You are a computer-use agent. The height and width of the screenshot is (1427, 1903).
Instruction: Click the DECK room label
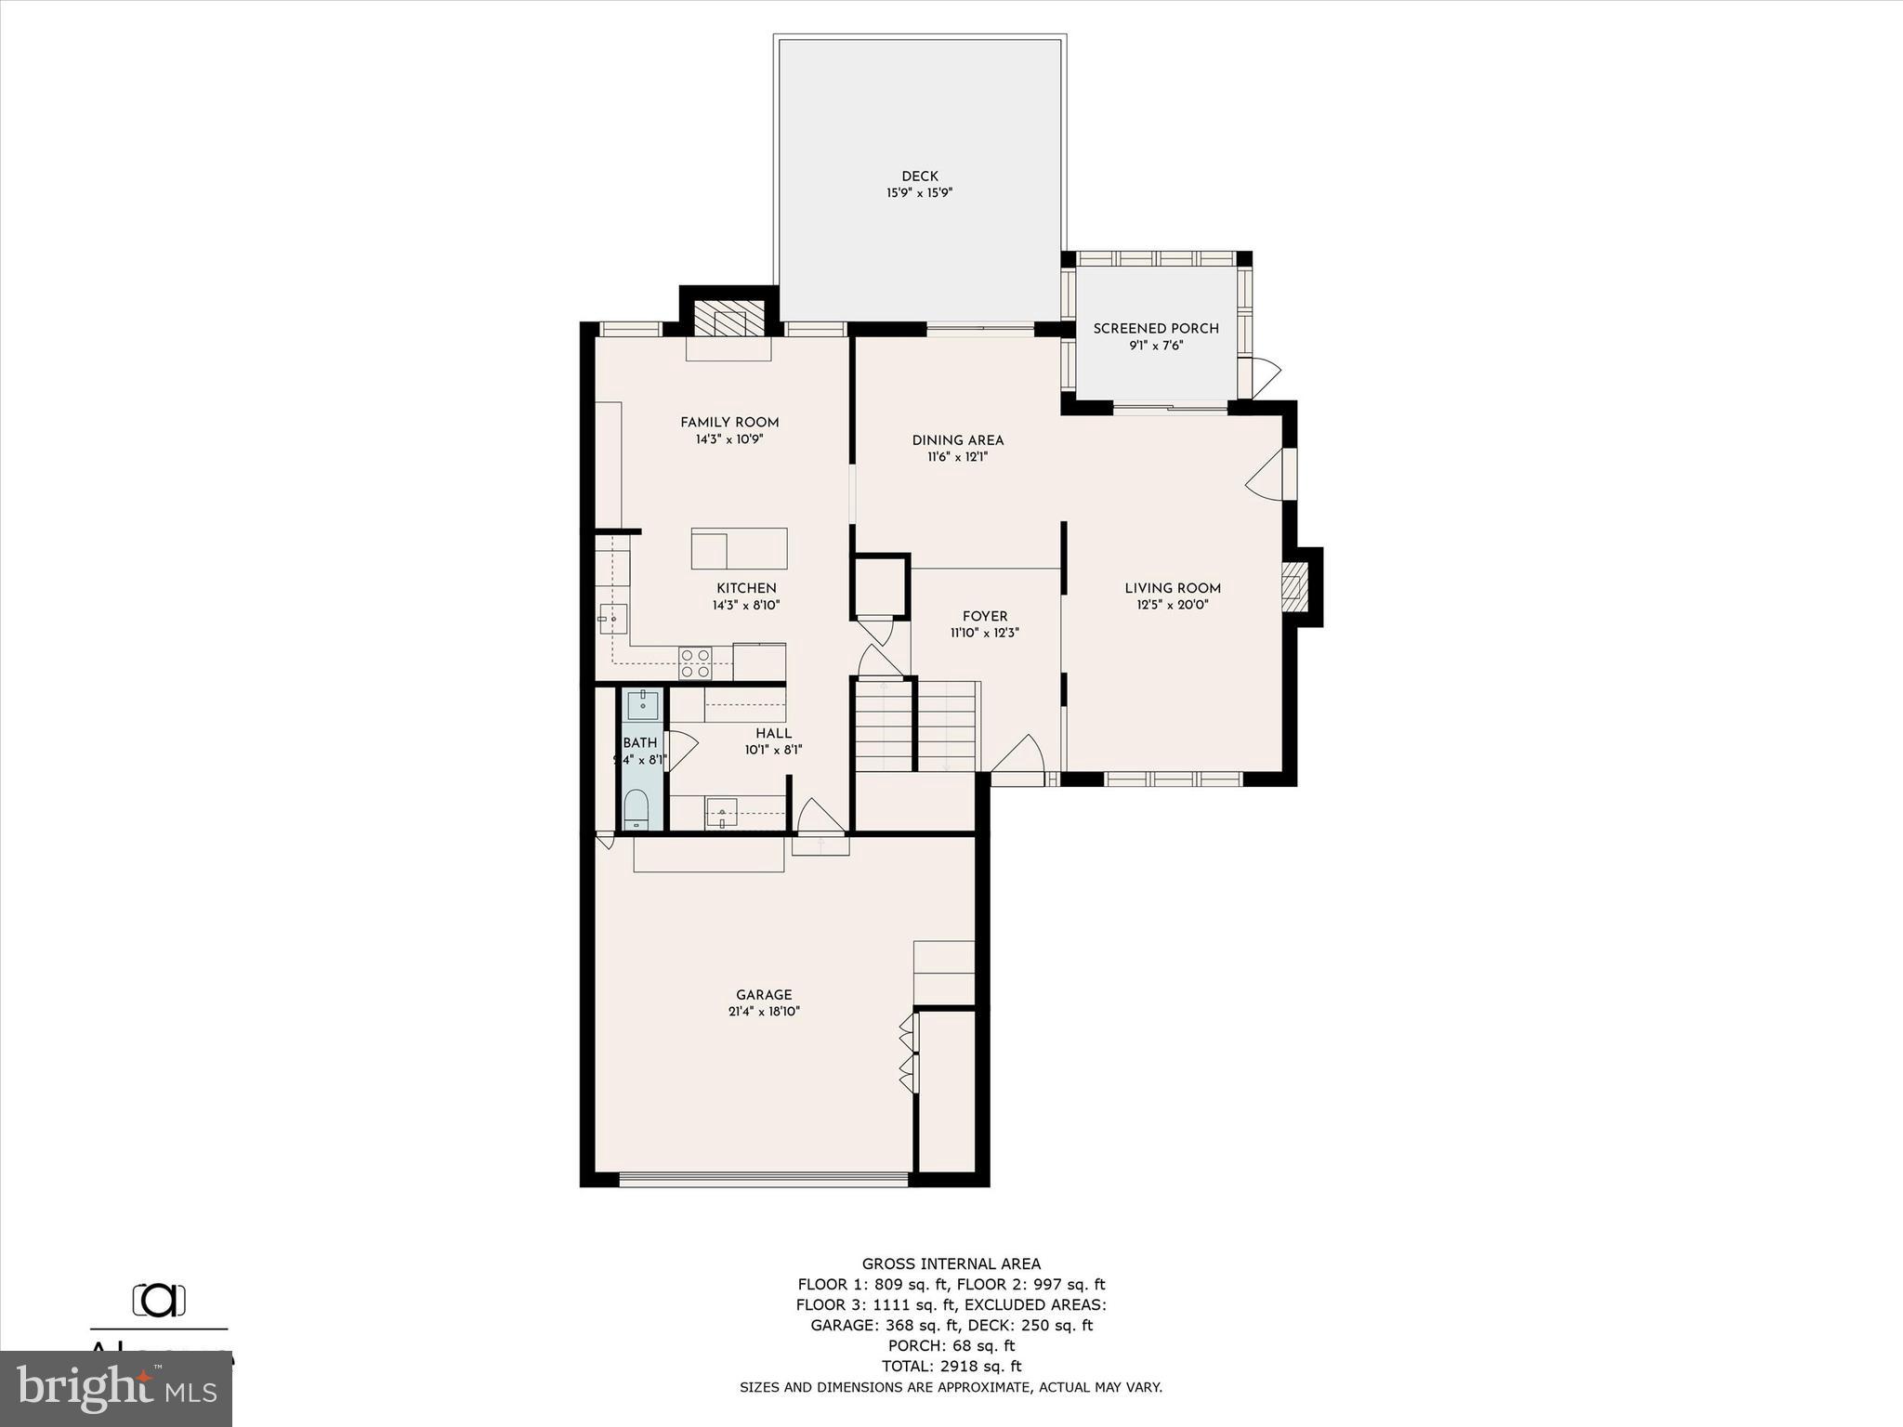(x=919, y=177)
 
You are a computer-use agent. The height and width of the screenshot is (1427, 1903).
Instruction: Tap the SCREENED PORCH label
(x=1156, y=329)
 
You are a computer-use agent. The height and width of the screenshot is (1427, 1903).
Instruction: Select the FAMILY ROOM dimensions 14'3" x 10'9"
(x=729, y=439)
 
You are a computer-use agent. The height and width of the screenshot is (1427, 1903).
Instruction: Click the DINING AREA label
(x=957, y=440)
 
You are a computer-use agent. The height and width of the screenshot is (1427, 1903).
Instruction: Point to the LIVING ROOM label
(x=1173, y=588)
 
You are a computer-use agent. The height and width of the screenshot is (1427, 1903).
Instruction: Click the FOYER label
(x=985, y=617)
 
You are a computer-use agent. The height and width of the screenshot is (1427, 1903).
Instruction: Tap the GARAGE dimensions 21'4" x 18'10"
(x=764, y=1012)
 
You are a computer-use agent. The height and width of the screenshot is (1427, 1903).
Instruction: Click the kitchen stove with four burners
(x=695, y=663)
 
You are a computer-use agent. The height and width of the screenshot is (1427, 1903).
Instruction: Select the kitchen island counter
(x=739, y=548)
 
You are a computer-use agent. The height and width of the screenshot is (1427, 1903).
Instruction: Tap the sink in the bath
(x=642, y=705)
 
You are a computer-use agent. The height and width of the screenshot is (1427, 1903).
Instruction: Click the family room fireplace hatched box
(x=729, y=318)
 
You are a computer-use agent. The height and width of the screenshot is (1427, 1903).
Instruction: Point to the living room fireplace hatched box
(x=1294, y=587)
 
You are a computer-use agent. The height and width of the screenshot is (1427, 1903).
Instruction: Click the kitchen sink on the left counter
(x=612, y=618)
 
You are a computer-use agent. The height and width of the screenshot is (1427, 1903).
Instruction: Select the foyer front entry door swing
(x=1020, y=754)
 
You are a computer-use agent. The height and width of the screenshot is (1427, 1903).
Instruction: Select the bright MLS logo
(x=116, y=1389)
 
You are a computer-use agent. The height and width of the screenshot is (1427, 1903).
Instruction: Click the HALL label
(x=773, y=734)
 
